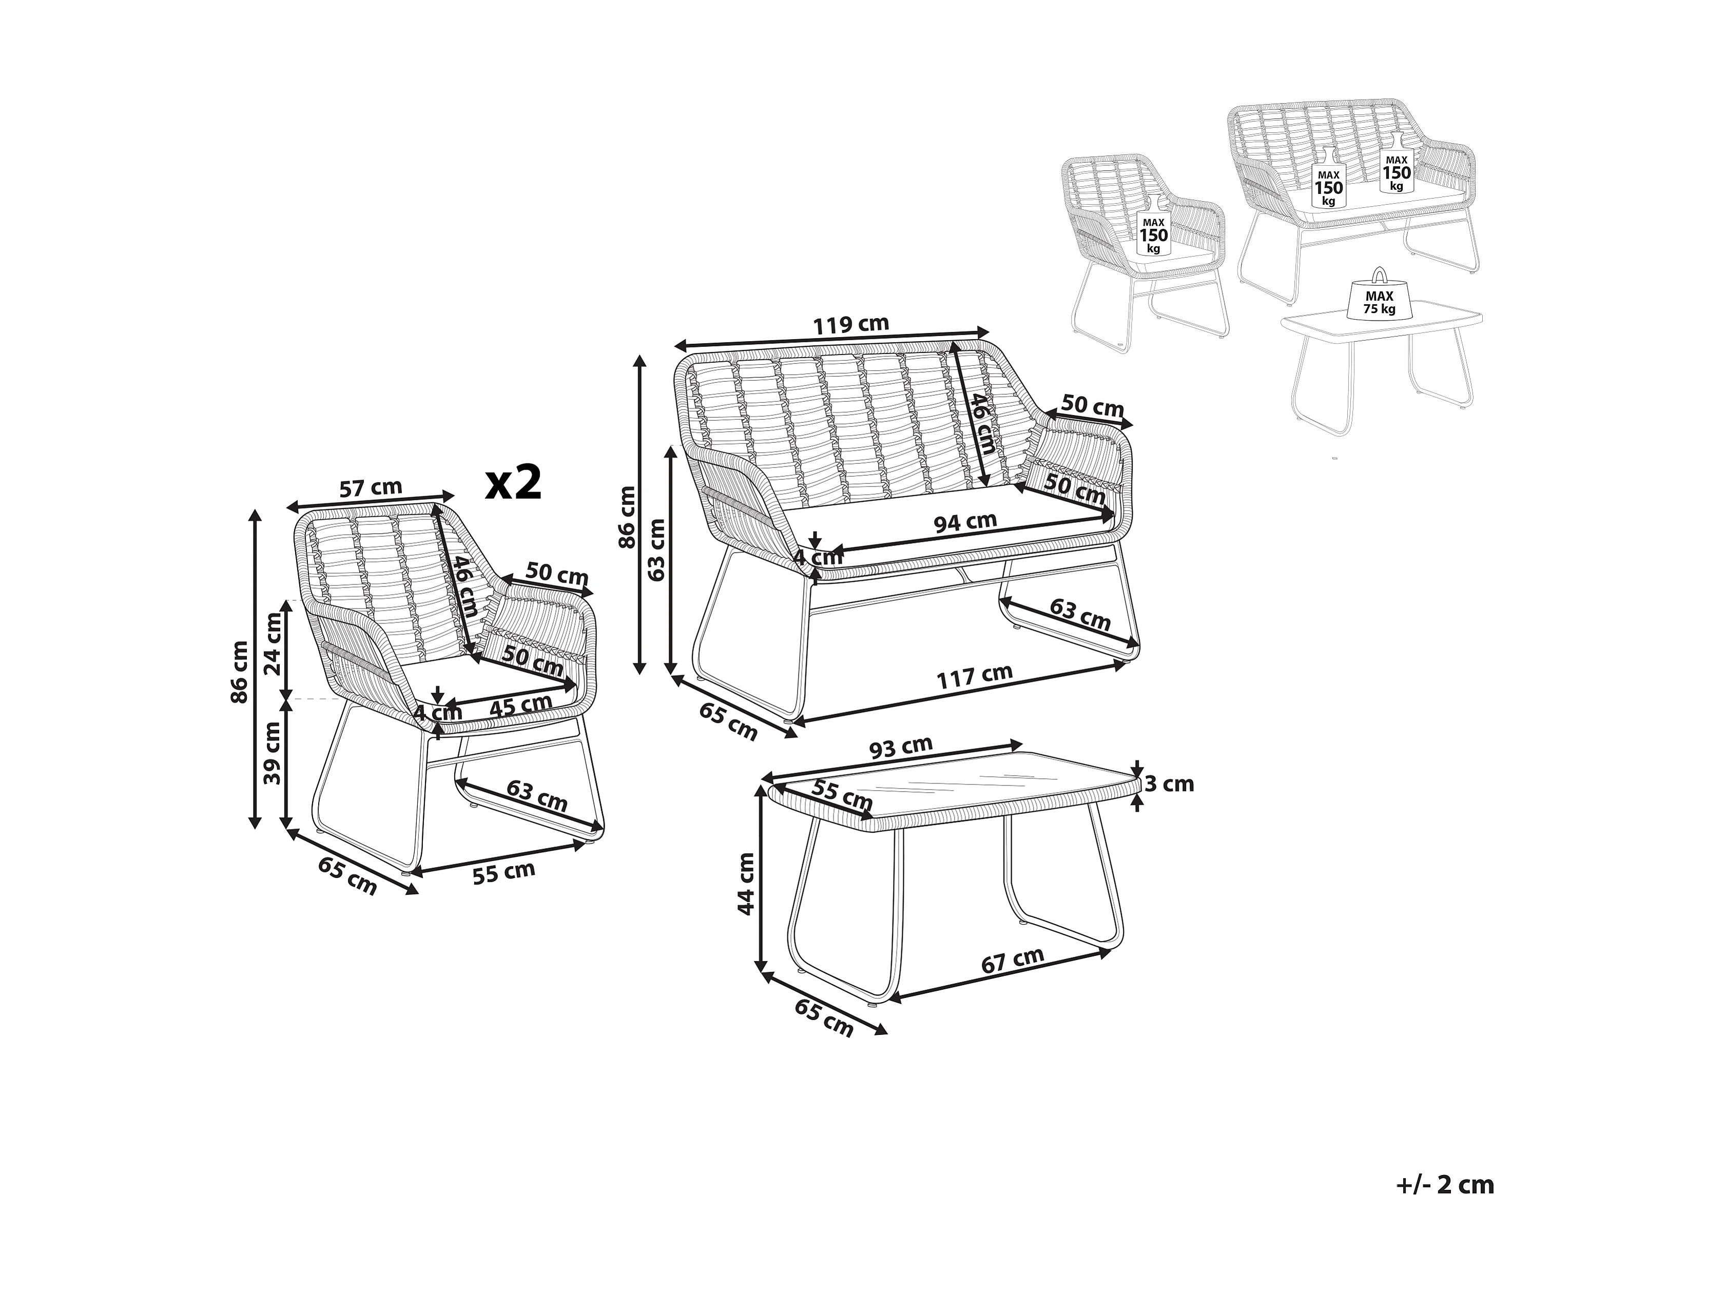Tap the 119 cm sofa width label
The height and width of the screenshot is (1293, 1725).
(x=851, y=324)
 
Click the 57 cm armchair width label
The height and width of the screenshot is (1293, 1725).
(x=371, y=488)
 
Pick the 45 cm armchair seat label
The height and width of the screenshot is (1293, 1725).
(x=520, y=706)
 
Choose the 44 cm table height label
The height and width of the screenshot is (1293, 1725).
(x=746, y=884)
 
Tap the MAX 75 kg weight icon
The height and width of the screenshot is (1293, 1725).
(x=1379, y=296)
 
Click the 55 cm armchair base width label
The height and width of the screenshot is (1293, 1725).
(x=504, y=873)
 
